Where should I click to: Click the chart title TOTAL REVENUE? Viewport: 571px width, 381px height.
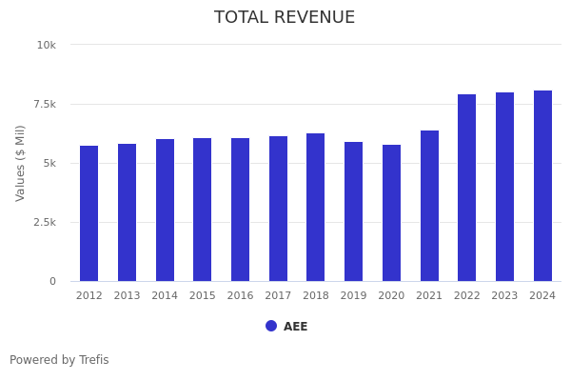point(285,17)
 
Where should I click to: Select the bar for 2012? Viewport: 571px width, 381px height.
point(89,213)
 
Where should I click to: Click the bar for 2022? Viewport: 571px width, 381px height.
point(467,188)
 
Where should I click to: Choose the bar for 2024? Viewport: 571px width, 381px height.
point(542,186)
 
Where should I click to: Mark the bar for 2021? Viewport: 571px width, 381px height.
point(429,206)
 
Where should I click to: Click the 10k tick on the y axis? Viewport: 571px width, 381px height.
point(47,45)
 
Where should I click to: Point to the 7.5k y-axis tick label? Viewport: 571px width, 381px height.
point(45,104)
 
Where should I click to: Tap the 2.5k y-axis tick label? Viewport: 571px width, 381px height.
point(45,222)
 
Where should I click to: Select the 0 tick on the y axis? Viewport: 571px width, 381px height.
point(52,281)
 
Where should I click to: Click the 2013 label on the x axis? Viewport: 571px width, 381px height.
point(127,296)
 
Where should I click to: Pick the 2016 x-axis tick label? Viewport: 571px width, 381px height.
point(240,296)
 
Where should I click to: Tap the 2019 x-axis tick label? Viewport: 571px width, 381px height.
point(354,296)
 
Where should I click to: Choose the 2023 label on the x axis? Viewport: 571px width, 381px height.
point(504,296)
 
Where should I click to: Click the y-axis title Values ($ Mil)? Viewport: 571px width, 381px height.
point(21,163)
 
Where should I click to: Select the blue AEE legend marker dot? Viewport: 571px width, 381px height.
point(271,326)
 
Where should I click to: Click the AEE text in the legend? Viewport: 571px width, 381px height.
point(295,327)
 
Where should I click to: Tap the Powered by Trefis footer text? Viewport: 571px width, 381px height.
point(59,360)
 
